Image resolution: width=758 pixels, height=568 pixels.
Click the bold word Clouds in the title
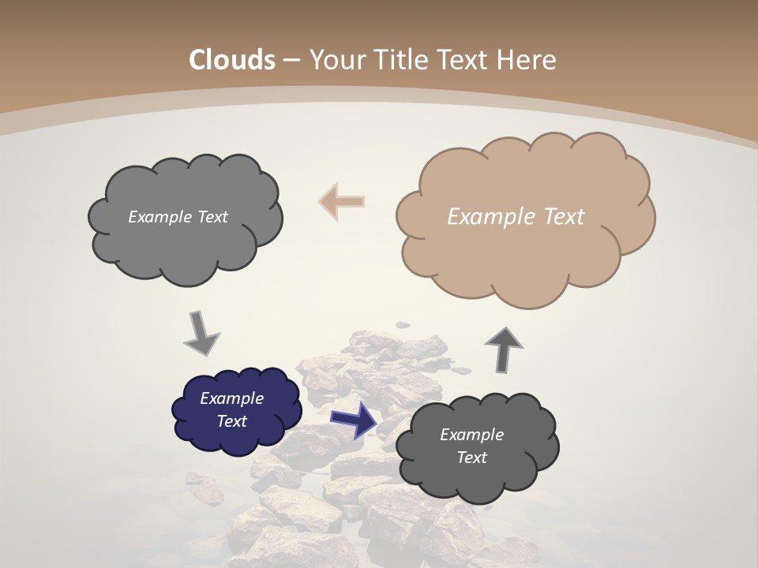[x=232, y=60]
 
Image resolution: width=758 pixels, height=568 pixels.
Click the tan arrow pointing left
[x=342, y=201]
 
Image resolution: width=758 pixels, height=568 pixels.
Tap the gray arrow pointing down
[x=201, y=334]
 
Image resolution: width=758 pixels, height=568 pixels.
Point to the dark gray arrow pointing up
[x=504, y=348]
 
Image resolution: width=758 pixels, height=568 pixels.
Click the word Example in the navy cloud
[x=231, y=398]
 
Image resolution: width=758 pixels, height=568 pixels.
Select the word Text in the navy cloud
[x=232, y=421]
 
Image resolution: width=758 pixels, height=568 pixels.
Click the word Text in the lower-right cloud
[x=471, y=458]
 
